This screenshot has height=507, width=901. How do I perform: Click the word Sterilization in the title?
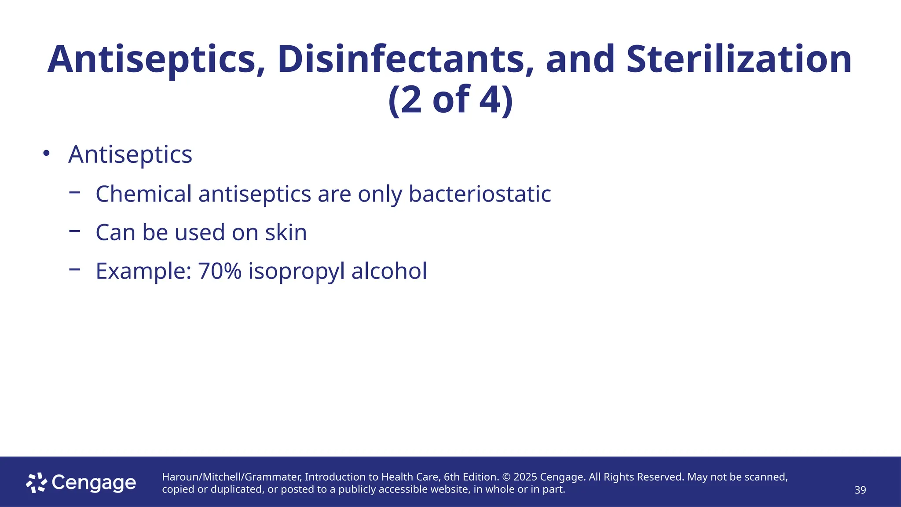click(739, 59)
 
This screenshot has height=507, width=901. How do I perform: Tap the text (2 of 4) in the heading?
click(450, 100)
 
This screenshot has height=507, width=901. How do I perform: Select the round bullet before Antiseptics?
click(46, 154)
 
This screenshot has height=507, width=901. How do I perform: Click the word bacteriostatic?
click(480, 194)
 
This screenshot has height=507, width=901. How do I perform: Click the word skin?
click(286, 232)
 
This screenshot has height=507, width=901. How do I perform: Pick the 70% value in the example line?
click(220, 271)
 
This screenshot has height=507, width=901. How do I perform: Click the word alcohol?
click(389, 271)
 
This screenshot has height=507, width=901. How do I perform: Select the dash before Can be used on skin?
click(75, 230)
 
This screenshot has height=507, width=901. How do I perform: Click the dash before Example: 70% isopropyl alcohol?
click(75, 268)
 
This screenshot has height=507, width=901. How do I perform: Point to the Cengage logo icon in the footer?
click(37, 483)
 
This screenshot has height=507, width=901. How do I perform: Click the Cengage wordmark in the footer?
click(94, 483)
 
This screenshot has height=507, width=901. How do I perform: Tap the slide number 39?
click(860, 490)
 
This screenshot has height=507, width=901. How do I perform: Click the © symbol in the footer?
click(506, 477)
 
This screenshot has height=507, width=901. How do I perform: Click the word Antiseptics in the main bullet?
click(130, 154)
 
